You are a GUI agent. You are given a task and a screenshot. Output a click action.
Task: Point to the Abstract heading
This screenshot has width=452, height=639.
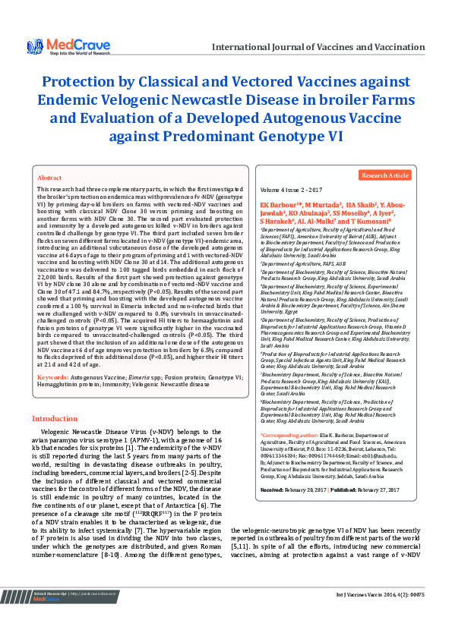coord(49,177)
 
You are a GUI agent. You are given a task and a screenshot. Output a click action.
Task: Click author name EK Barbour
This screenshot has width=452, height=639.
coord(278,206)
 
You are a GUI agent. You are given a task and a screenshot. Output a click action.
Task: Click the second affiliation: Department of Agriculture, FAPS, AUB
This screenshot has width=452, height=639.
coord(304,262)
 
